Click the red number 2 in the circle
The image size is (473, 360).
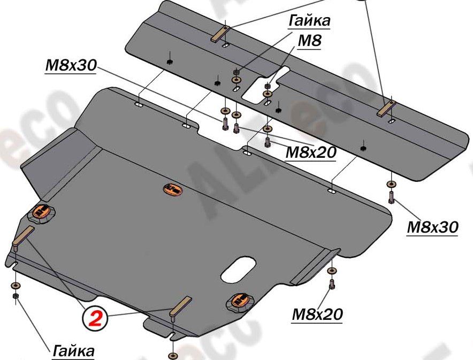(x=96, y=319)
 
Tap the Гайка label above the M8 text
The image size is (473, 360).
(x=309, y=20)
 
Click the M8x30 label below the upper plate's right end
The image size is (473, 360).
(x=432, y=227)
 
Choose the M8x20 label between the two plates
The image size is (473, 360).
(x=310, y=152)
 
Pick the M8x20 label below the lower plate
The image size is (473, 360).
(x=317, y=314)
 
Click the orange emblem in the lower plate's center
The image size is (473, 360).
(x=172, y=189)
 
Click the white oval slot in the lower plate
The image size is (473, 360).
(x=238, y=269)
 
